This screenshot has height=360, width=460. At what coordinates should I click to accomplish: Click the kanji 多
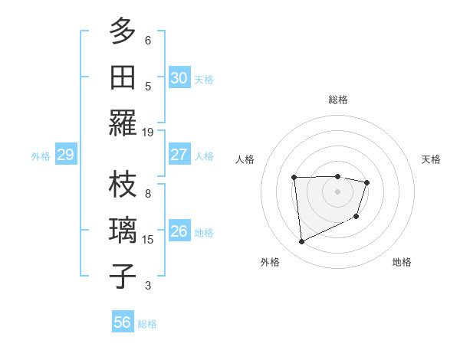coord(123,31)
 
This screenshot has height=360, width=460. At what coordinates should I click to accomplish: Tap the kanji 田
coord(123,77)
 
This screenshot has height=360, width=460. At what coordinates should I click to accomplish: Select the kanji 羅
coord(123,123)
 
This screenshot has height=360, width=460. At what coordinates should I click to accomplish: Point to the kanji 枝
coord(123,185)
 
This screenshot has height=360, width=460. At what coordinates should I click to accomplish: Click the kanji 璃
coord(123,231)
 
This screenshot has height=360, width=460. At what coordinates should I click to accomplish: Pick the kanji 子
coord(123,277)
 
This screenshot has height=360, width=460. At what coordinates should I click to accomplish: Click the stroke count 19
coord(148,132)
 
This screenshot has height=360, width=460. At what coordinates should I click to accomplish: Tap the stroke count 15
coord(148,240)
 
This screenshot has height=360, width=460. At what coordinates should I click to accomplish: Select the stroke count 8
coord(148,194)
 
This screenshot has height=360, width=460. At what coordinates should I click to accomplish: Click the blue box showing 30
coord(179,78)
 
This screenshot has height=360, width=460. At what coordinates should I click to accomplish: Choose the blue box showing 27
coord(179,155)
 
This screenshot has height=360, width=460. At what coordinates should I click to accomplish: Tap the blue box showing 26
coord(179,231)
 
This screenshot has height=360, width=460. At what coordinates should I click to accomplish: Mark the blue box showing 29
coord(65,155)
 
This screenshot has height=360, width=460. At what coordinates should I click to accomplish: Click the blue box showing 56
coord(122,322)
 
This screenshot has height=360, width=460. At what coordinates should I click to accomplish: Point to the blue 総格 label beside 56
coord(147,324)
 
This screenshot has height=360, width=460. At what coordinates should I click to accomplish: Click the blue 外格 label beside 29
coord(41,156)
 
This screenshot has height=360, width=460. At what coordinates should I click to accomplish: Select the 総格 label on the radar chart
coord(337,100)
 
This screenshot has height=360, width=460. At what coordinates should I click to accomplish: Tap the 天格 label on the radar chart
coord(431,159)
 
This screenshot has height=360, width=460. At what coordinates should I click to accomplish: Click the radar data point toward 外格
coord(301,242)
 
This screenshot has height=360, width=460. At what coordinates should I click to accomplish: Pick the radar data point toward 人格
coord(294,177)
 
